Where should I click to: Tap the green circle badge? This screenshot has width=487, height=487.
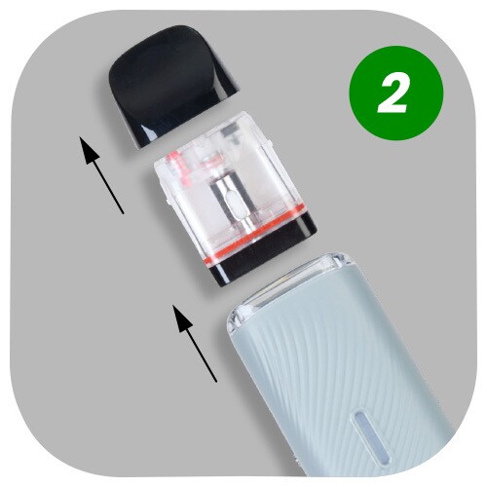(395, 94)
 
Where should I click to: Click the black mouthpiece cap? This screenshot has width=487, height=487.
(172, 85)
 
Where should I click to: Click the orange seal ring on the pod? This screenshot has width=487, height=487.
(253, 235)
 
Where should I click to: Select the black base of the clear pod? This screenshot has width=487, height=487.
(264, 250)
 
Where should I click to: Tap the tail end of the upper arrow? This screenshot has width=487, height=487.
(123, 213)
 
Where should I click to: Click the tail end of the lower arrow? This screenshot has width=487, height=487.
(216, 382)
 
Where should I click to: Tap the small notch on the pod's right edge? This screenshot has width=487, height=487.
(270, 141)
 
